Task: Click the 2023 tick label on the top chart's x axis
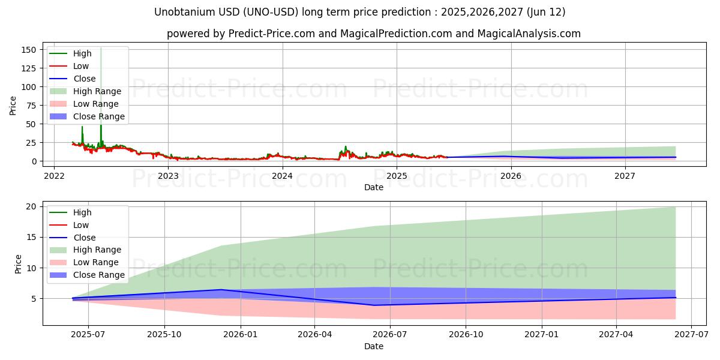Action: point(168,176)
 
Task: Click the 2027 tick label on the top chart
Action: point(625,176)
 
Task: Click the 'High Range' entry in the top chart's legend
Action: point(97,91)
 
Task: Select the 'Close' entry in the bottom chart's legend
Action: point(84,238)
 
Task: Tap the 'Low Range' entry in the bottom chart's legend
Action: point(95,262)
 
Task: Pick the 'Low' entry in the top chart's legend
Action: point(81,66)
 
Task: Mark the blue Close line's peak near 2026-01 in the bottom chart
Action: point(222,290)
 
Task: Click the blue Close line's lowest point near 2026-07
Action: point(374,305)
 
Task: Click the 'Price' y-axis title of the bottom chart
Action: point(18,264)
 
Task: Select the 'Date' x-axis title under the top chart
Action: point(373,187)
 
